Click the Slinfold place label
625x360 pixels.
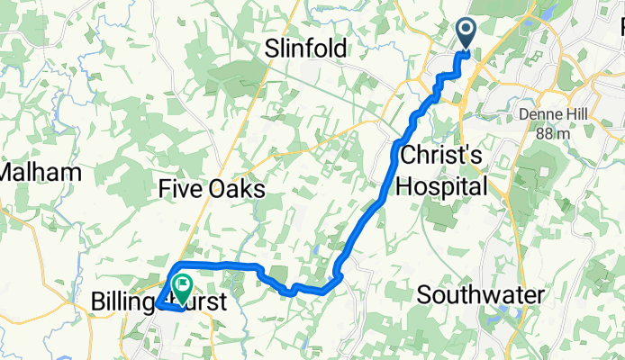(x=305, y=49)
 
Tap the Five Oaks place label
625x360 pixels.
(x=211, y=189)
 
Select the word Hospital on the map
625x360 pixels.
(x=445, y=186)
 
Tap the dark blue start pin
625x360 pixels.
(x=466, y=33)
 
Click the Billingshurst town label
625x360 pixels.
(x=157, y=301)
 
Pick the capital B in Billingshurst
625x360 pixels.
(x=98, y=301)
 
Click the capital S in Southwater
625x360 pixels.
(x=424, y=295)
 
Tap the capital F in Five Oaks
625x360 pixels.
(x=164, y=189)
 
